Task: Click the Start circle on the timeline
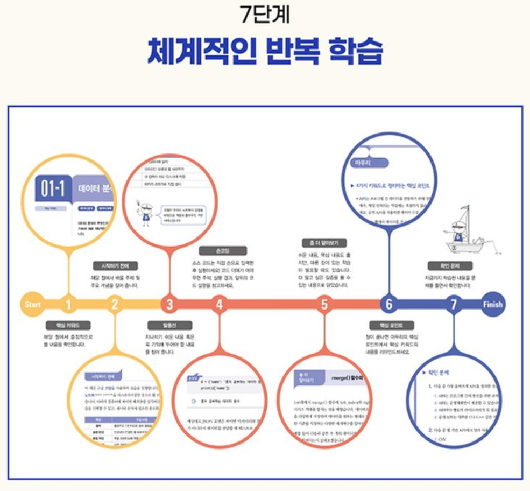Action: [x=33, y=304]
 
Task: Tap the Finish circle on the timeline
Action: [x=492, y=304]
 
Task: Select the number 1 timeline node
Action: [x=68, y=305]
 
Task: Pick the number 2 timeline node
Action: [x=115, y=305]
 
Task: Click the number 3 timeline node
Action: [x=169, y=305]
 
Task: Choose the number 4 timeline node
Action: [x=219, y=305]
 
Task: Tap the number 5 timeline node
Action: [x=324, y=305]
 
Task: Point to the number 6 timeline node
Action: [x=388, y=305]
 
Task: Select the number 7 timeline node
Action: [x=453, y=305]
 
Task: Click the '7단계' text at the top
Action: [x=265, y=15]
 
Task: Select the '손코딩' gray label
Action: [x=222, y=251]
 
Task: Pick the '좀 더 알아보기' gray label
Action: [x=324, y=243]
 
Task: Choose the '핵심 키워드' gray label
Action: [x=68, y=325]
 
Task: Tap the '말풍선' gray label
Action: [x=169, y=325]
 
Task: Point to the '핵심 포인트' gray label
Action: [x=391, y=325]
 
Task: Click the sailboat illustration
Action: [x=464, y=229]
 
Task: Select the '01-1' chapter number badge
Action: [x=53, y=188]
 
